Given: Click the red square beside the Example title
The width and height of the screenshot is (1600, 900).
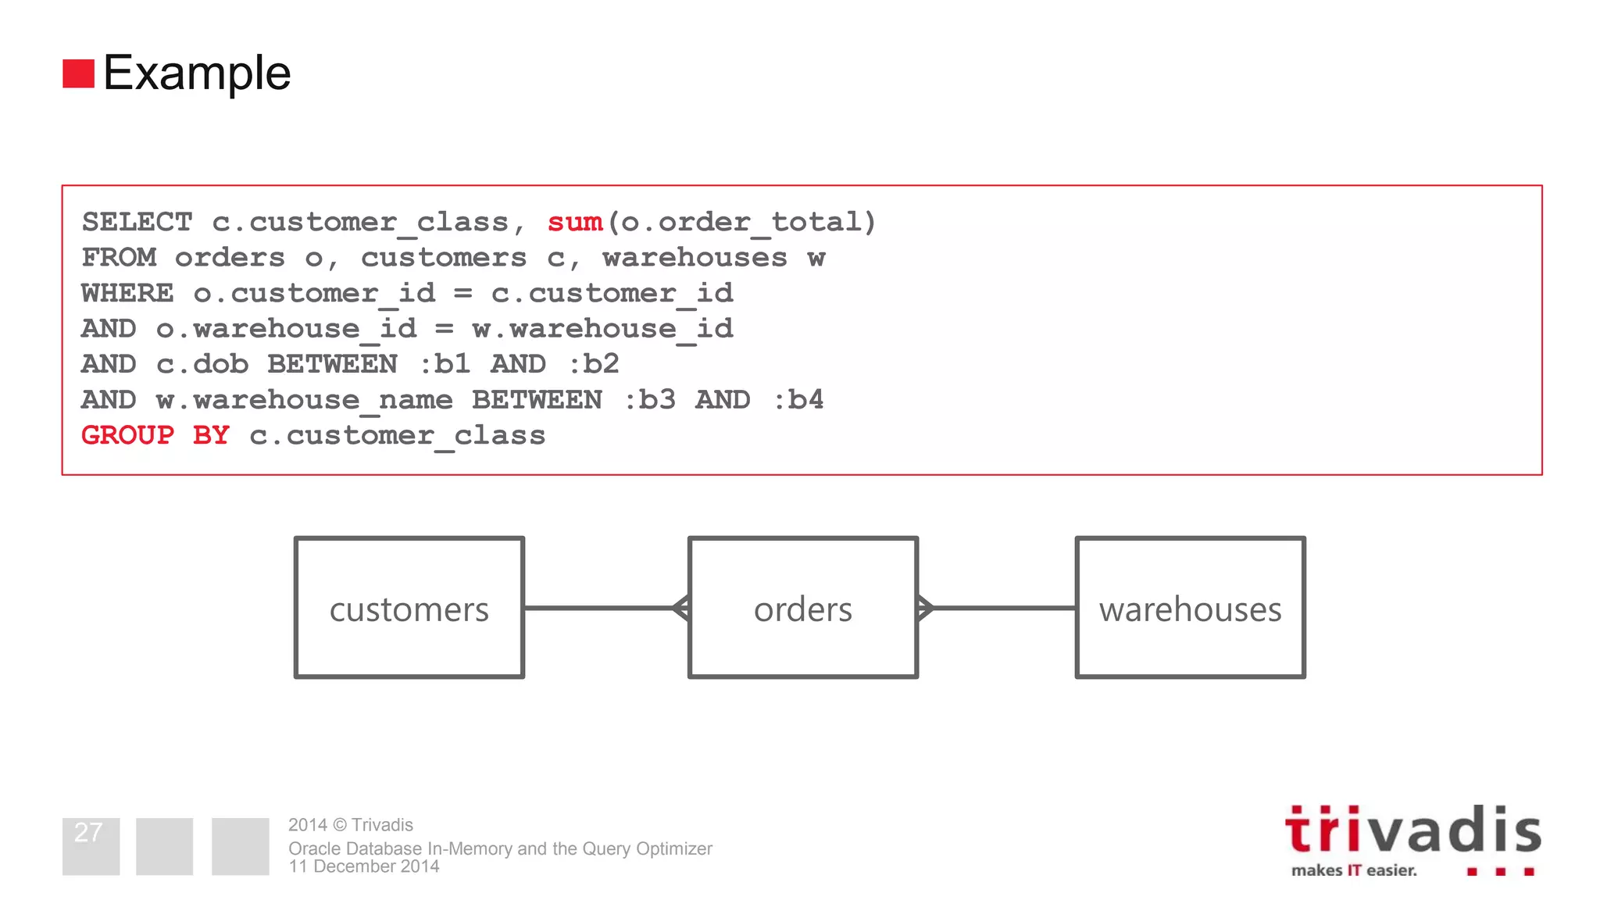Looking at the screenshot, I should [78, 73].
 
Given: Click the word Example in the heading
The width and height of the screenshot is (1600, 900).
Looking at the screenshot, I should [197, 73].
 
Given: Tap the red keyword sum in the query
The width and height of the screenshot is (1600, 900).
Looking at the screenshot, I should [575, 222].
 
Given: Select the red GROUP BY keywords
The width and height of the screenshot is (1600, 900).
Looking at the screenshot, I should [155, 435].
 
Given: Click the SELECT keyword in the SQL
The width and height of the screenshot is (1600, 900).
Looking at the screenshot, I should [137, 222].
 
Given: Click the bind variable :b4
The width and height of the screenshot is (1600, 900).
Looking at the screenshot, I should [798, 400].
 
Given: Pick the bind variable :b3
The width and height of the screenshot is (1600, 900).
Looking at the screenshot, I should [649, 400].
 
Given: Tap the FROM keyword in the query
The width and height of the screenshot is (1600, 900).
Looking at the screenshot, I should [119, 258].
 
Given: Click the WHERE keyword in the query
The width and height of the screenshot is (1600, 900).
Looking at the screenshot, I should [127, 293].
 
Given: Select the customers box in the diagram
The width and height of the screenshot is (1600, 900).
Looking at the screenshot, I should [409, 608].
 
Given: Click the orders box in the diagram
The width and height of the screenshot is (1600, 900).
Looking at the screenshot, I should [802, 608].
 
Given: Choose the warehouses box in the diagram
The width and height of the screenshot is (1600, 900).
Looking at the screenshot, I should [1190, 608].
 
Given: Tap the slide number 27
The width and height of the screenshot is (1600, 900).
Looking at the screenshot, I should [88, 833].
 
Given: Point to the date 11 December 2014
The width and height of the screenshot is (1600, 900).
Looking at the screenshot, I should [363, 866].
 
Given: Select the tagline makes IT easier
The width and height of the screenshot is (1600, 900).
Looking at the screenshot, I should [1353, 870].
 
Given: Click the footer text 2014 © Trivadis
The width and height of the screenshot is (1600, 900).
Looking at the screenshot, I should [350, 825].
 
